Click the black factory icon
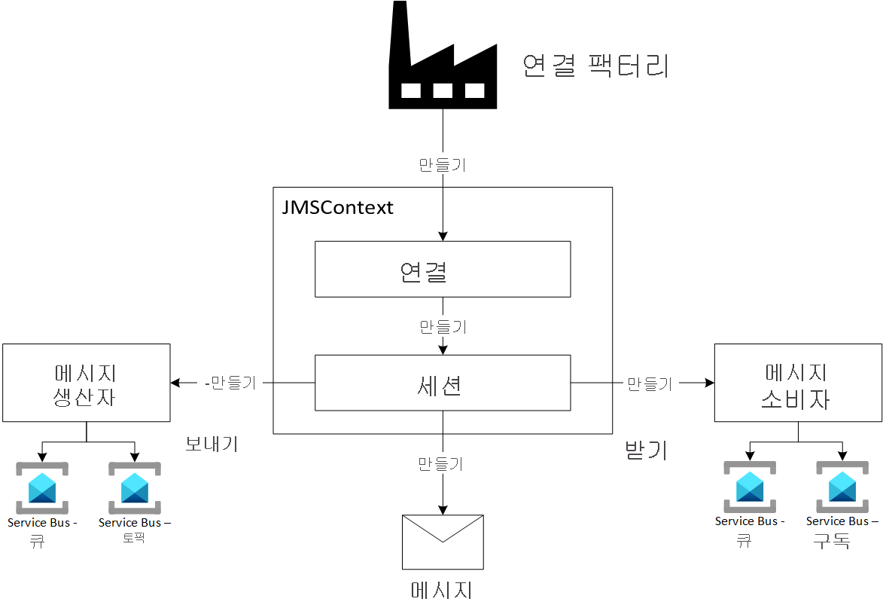[442, 60]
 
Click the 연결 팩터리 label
[595, 66]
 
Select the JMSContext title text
[337, 207]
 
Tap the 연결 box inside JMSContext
[442, 270]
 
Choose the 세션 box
[442, 383]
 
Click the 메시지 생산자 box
[86, 383]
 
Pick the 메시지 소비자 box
[797, 383]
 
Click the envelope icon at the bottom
[443, 542]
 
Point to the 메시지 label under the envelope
[442, 588]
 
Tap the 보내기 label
[212, 444]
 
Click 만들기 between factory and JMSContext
[442, 164]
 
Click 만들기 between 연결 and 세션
[442, 327]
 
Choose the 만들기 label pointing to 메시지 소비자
[649, 383]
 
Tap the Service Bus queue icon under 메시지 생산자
[42, 487]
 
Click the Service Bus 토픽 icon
[135, 487]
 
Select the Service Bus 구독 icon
[842, 487]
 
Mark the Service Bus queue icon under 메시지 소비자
[750, 487]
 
